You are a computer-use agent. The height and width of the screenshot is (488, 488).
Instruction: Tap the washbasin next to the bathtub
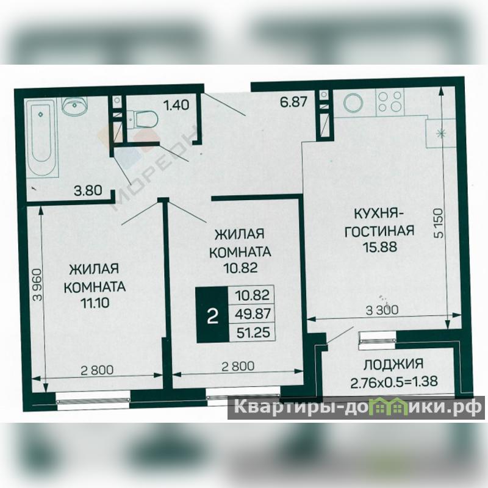[x=74, y=106]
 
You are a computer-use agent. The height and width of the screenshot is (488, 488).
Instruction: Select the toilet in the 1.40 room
[x=143, y=118]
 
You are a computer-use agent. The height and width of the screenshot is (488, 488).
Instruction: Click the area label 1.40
[x=176, y=105]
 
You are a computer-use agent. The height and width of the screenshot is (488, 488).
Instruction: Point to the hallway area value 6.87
[x=294, y=102]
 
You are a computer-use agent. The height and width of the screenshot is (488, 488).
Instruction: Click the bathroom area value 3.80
[x=88, y=190]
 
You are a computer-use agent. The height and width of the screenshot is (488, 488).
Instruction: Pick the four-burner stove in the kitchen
[x=390, y=102]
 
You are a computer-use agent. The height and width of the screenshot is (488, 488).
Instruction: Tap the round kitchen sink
[x=353, y=102]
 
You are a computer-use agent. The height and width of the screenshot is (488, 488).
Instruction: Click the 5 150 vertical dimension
[x=439, y=223]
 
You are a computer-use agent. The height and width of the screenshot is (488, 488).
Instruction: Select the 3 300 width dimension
[x=382, y=310]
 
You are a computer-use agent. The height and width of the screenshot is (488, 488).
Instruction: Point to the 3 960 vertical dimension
[x=38, y=285]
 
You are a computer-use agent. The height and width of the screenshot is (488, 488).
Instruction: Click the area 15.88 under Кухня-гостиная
[x=379, y=247]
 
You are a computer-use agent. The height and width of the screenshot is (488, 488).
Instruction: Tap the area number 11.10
[x=95, y=303]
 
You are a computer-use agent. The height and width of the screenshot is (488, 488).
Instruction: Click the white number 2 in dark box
[x=212, y=316]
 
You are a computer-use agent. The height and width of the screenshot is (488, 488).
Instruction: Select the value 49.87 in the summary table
[x=253, y=314]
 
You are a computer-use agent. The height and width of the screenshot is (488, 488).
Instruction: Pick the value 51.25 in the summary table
[x=253, y=332]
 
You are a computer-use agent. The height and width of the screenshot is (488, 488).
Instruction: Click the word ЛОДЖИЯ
[x=393, y=364]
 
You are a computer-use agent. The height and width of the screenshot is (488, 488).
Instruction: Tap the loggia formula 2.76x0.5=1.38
[x=394, y=382]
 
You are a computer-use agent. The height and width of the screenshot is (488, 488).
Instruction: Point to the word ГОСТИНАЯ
[x=379, y=231]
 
